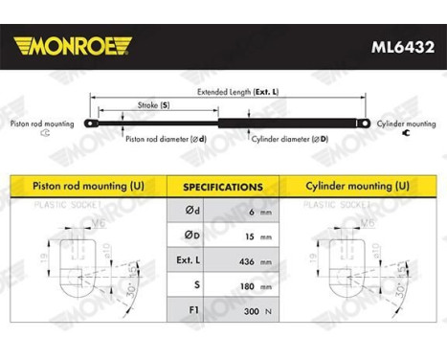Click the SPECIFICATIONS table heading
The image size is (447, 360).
click(223, 186)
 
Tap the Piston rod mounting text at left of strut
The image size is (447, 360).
click(39, 124)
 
